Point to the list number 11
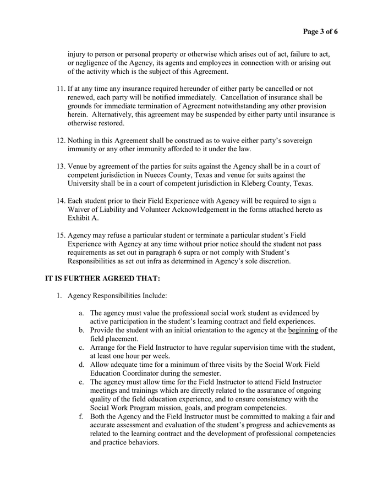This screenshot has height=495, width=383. click(x=61, y=89)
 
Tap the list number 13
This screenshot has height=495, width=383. click(x=61, y=166)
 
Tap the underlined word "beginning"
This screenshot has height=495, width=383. click(x=303, y=330)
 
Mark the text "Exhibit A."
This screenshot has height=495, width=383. click(x=82, y=218)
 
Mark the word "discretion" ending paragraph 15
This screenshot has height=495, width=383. click(x=272, y=261)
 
